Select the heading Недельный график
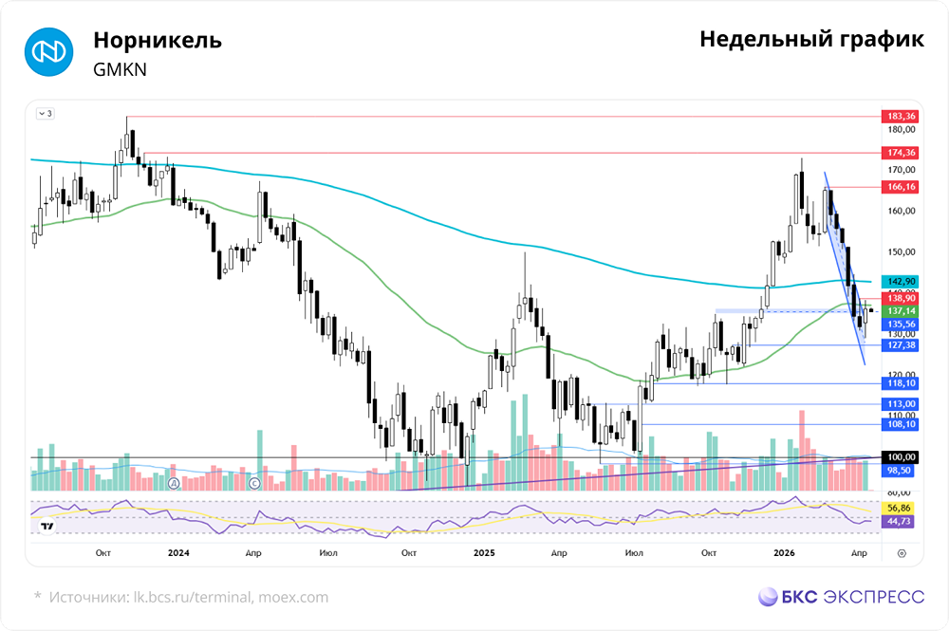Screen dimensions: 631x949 [811, 40]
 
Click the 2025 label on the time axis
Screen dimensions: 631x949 [485, 551]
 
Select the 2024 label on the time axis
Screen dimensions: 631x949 [178, 551]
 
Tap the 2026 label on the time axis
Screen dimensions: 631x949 [784, 551]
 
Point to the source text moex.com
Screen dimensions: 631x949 [294, 597]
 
